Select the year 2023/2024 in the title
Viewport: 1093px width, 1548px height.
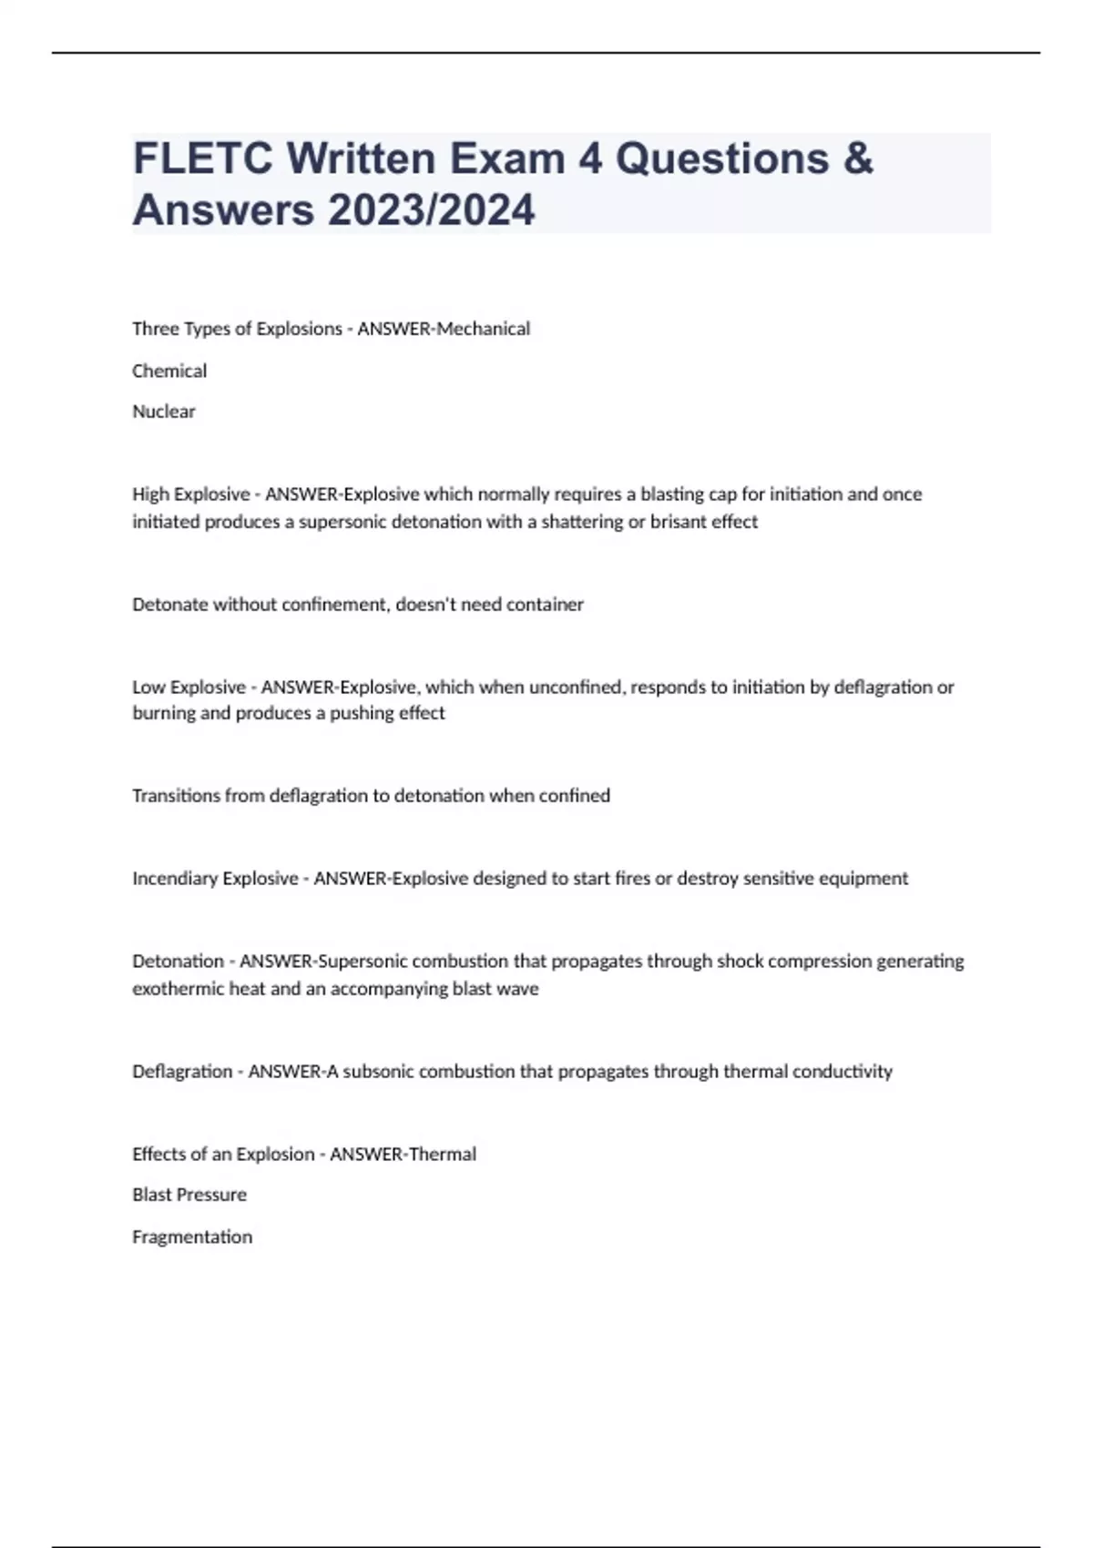[432, 210]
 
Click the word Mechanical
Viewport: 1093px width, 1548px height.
[484, 329]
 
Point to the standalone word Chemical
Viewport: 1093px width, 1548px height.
[169, 371]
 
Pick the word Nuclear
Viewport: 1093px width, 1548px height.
[164, 412]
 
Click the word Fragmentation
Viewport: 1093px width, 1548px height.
[192, 1237]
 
